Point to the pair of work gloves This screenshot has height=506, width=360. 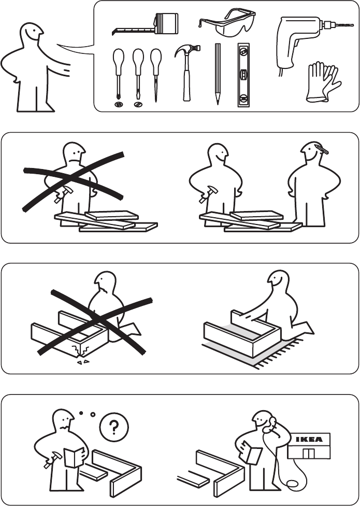pyautogui.click(x=323, y=82)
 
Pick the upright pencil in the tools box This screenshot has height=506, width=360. pyautogui.click(x=218, y=74)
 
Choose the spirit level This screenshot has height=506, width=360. pyautogui.click(x=243, y=75)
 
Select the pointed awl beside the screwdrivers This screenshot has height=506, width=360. pyautogui.click(x=156, y=75)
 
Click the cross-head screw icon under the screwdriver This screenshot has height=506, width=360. pyautogui.click(x=119, y=104)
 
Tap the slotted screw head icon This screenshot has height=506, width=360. pyautogui.click(x=138, y=104)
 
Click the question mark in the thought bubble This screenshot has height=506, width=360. pyautogui.click(x=114, y=427)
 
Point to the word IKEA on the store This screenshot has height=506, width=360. pyautogui.click(x=309, y=439)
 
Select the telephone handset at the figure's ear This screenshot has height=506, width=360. pyautogui.click(x=269, y=425)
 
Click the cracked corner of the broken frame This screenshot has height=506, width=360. pyautogui.click(x=81, y=350)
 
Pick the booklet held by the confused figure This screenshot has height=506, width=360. pyautogui.click(x=74, y=458)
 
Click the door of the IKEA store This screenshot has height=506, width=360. pyautogui.click(x=308, y=453)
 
